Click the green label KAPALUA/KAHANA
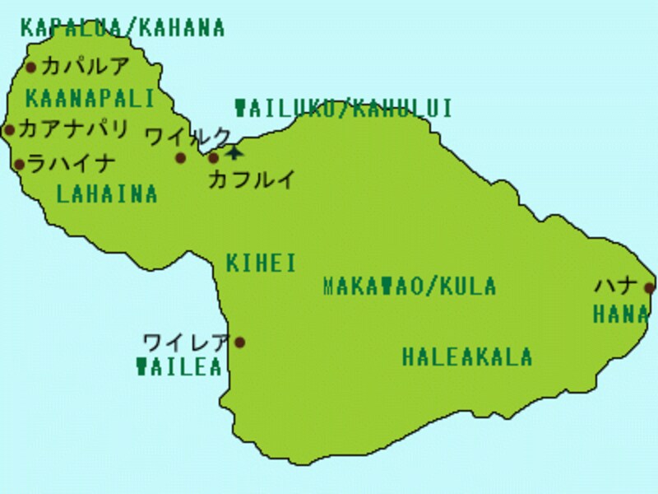coord(123,28)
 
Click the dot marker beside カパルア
coord(31,68)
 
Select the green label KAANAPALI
coord(90,100)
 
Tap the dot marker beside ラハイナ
coord(19,165)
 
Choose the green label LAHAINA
coord(107,193)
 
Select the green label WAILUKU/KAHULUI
coord(344,109)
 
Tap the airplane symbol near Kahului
coord(234,151)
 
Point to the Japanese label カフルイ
coord(251,179)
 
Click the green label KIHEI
coord(261,263)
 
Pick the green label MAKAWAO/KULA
coord(410,287)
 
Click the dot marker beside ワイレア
coord(240,343)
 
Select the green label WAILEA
coord(179,367)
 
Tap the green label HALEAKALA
coord(467,357)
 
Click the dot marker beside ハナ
coord(649,287)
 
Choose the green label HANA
coord(621,314)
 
